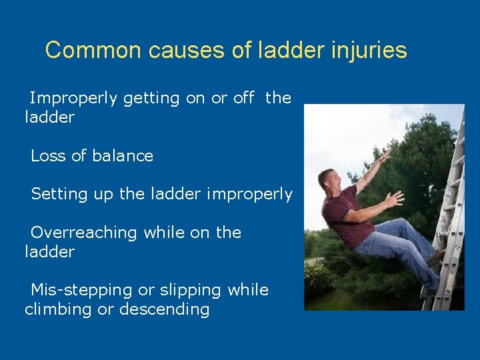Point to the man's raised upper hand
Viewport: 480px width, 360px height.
pos(382,158)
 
